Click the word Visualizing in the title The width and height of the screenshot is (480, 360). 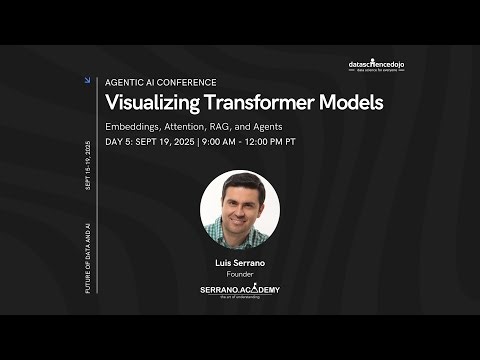(151, 102)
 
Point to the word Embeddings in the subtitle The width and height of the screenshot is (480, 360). (137, 126)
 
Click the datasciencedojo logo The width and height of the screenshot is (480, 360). (384, 66)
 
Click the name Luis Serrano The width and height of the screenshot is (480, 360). (239, 264)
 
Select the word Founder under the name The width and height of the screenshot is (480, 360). (239, 275)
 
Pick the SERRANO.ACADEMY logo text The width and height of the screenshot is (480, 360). (240, 290)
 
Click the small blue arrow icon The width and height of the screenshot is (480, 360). (89, 81)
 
